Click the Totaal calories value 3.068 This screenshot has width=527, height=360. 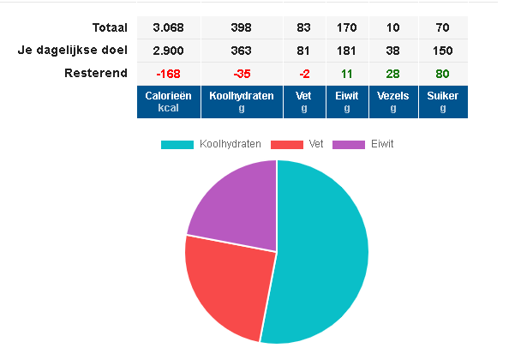point(169,28)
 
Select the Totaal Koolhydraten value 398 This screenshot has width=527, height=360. point(241,28)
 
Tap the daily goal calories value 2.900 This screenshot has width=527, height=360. point(169,51)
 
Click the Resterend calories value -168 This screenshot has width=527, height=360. point(169,73)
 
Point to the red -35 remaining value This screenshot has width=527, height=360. point(241,73)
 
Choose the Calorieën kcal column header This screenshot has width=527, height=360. point(169,102)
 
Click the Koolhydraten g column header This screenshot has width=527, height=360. point(241,102)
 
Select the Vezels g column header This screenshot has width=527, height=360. point(393,102)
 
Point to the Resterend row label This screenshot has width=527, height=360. point(96,73)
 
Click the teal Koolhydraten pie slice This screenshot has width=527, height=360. point(326,249)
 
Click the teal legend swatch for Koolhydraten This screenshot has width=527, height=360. point(177,144)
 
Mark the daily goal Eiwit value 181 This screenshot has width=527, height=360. point(347,51)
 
